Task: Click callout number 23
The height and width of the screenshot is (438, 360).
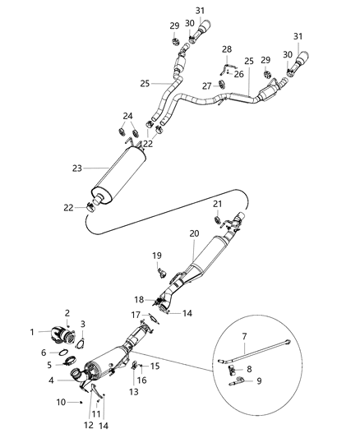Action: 76,168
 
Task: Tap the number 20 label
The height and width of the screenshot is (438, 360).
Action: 194,233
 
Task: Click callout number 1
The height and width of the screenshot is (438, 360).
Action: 33,331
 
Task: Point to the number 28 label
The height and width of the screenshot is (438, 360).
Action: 227,49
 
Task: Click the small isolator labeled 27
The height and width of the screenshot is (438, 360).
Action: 219,85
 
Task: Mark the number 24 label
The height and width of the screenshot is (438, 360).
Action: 127,115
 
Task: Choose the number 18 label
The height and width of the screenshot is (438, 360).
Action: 139,300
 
